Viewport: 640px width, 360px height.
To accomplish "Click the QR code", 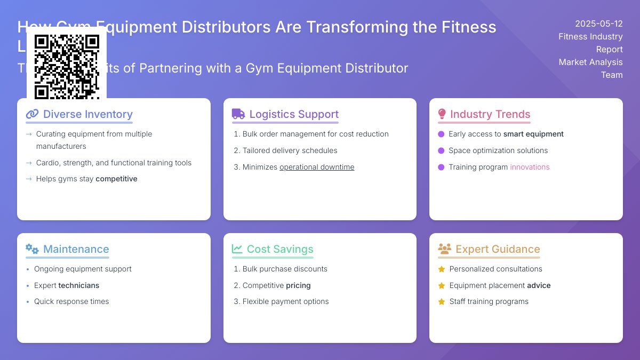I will click(67, 67).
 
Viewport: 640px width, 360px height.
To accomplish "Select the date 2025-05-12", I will click(598, 23).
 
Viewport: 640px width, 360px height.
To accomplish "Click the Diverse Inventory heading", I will click(87, 114).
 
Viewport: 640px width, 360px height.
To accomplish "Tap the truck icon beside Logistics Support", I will click(238, 114).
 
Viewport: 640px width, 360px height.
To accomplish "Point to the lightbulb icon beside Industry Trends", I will click(442, 114).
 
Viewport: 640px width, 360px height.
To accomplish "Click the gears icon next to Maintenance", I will click(32, 249).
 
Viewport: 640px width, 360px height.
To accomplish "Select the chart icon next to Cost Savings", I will click(237, 249).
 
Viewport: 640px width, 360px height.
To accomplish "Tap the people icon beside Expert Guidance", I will click(444, 249).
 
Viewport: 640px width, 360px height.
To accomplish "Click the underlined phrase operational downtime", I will click(317, 167).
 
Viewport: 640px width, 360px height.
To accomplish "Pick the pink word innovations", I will click(530, 167).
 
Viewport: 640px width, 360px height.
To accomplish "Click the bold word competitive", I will click(116, 179).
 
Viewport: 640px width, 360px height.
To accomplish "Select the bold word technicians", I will click(79, 285).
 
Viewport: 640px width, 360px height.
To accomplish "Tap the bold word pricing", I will click(298, 285).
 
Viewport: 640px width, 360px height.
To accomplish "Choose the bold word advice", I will click(539, 285).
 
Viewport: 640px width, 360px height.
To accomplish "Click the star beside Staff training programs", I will click(442, 302).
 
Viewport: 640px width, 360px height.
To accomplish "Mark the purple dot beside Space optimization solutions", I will click(441, 151).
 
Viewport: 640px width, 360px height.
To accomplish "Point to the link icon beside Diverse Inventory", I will click(32, 114).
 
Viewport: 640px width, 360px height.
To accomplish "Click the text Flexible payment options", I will click(285, 301).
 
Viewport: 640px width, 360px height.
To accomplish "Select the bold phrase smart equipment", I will click(533, 134).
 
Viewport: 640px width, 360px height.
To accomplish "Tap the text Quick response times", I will click(71, 301).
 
